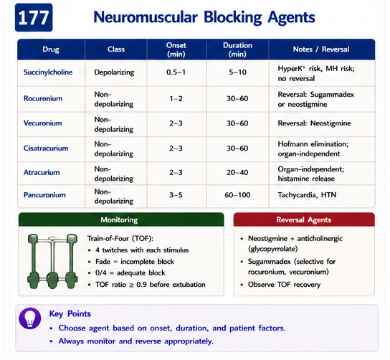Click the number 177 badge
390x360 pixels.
click(34, 17)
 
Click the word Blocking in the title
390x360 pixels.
click(232, 17)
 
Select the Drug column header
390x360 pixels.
click(51, 49)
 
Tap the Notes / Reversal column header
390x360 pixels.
click(321, 49)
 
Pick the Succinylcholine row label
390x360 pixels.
click(48, 72)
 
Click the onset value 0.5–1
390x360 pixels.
click(176, 72)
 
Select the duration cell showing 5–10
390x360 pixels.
click(237, 72)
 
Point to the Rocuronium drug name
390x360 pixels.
click(43, 98)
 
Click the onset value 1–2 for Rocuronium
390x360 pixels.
click(176, 98)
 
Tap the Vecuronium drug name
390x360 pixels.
click(43, 123)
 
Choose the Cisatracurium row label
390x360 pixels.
click(46, 148)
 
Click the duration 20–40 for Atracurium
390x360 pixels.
click(237, 172)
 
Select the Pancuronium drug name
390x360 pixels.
click(44, 195)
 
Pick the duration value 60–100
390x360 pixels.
click(237, 195)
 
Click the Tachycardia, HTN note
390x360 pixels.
click(307, 195)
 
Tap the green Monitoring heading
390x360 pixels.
click(119, 219)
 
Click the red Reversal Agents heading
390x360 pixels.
click(304, 219)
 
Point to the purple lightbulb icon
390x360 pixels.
click(30, 318)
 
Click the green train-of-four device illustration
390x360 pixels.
click(52, 261)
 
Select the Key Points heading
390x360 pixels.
click(70, 313)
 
